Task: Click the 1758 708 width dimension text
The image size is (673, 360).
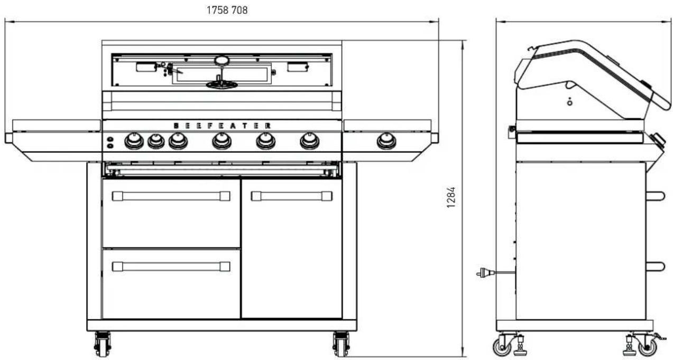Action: coord(227,10)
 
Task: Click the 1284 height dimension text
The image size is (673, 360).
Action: coord(451,197)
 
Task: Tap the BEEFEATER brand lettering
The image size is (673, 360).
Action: coord(223,126)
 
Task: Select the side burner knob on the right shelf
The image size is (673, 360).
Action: coord(386,141)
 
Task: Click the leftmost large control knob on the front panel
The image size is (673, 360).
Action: coord(134,141)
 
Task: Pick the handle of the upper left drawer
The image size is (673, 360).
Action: coord(171,196)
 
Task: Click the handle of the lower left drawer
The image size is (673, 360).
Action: coord(171,266)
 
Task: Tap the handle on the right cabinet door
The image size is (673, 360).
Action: coord(292,196)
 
